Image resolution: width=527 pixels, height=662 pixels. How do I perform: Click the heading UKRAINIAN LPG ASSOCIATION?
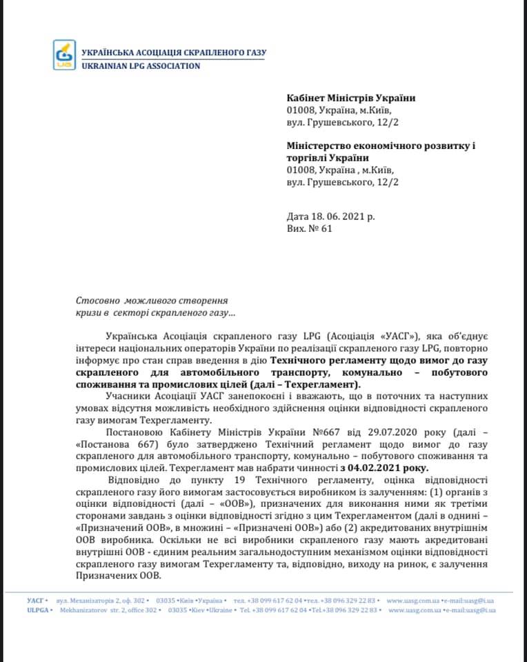141,66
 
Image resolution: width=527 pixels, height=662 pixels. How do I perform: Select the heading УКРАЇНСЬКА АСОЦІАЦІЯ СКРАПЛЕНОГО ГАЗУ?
173,52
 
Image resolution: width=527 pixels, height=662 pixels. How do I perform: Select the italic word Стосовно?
96,301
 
